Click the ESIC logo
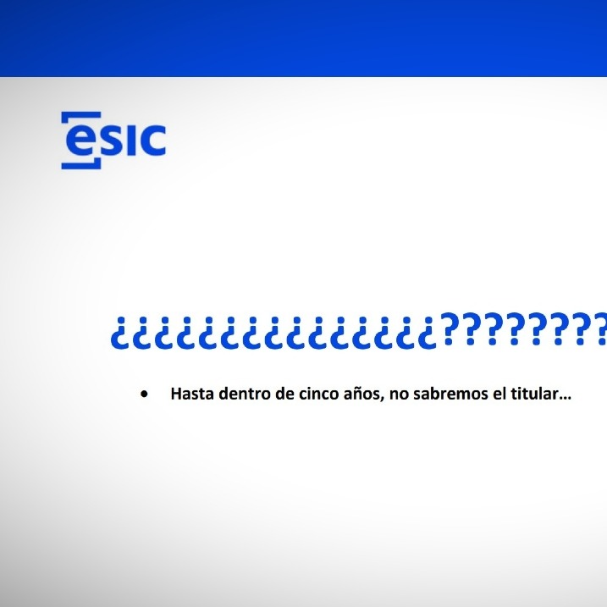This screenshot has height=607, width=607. (113, 141)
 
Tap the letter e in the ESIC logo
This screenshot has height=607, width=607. (80, 141)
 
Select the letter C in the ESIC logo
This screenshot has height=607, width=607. (152, 141)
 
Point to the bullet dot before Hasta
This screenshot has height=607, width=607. (145, 395)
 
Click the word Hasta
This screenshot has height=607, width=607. (192, 394)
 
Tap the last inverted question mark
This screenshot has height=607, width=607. (428, 334)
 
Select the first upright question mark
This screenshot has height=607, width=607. (450, 328)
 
